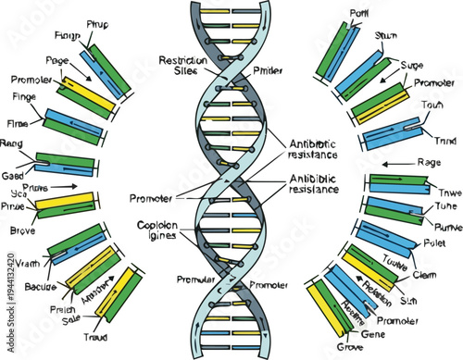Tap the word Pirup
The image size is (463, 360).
(98, 22)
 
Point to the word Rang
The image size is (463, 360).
(13, 143)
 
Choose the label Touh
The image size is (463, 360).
(431, 105)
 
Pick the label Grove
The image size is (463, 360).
(349, 349)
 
